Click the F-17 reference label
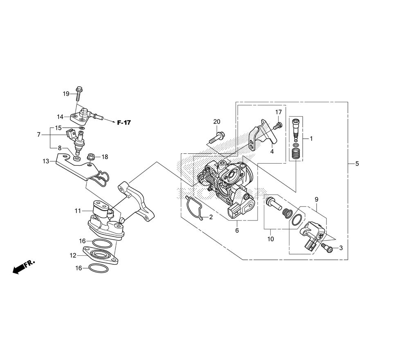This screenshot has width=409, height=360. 124,122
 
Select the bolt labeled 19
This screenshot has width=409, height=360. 79,94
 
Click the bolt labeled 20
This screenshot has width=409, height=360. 217,137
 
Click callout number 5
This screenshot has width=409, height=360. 357,164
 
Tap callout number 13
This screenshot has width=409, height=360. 46,161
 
